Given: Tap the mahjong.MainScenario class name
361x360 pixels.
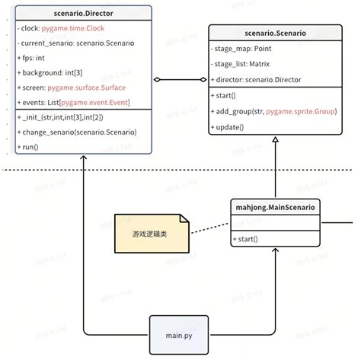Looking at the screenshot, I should click(x=274, y=206).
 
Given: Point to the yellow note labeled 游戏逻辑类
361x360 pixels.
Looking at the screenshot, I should click(x=151, y=234).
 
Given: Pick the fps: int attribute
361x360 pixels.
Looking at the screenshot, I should click(x=34, y=59).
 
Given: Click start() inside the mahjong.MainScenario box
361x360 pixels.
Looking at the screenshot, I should click(x=246, y=239).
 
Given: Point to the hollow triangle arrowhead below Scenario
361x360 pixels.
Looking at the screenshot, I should click(x=275, y=142).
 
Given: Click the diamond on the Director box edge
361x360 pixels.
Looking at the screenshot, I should click(x=158, y=79).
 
